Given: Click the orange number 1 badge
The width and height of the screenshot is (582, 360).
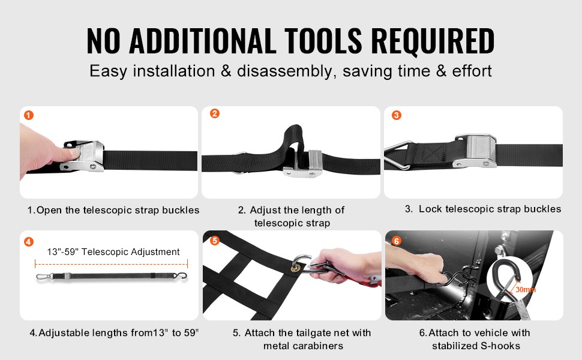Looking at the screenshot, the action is pyautogui.click(x=29, y=115).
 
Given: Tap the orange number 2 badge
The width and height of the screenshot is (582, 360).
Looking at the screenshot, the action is pyautogui.click(x=215, y=113).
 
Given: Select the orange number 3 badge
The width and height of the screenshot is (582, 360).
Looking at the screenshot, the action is pyautogui.click(x=397, y=115).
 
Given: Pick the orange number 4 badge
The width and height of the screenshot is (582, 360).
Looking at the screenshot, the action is pyautogui.click(x=29, y=242).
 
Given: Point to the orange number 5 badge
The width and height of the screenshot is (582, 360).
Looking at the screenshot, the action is pyautogui.click(x=215, y=241).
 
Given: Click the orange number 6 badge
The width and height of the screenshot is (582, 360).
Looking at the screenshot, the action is pyautogui.click(x=397, y=241).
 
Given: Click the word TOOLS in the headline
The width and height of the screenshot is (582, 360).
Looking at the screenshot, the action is pyautogui.click(x=323, y=40).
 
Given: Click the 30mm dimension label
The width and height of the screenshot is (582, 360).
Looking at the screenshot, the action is pyautogui.click(x=526, y=289).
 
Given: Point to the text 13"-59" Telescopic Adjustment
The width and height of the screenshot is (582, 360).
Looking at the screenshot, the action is pyautogui.click(x=113, y=252).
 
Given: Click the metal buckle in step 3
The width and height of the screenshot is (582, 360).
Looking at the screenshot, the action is pyautogui.click(x=476, y=151).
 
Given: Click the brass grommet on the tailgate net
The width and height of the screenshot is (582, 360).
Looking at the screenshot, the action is pyautogui.click(x=296, y=268).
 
